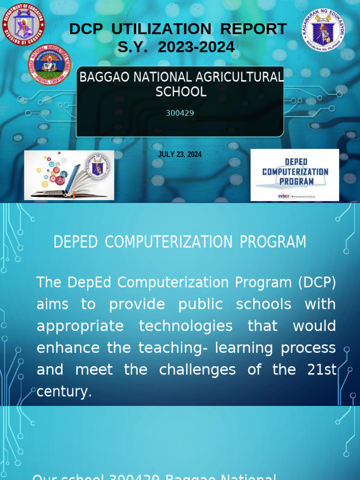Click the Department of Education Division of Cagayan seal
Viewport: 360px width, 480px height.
click(x=23, y=23)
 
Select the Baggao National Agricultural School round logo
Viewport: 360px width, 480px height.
click(x=50, y=65)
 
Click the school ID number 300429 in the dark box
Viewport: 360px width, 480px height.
click(x=180, y=113)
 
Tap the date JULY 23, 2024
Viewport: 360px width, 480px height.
click(x=180, y=154)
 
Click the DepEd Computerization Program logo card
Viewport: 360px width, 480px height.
click(x=295, y=175)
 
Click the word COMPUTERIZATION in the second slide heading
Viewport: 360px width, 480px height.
click(x=168, y=242)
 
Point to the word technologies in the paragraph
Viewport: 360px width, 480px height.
click(x=186, y=326)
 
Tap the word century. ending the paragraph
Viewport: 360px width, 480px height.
click(x=64, y=392)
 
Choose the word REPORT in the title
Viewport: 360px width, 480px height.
click(x=254, y=29)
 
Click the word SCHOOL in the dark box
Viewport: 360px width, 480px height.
click(x=181, y=92)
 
